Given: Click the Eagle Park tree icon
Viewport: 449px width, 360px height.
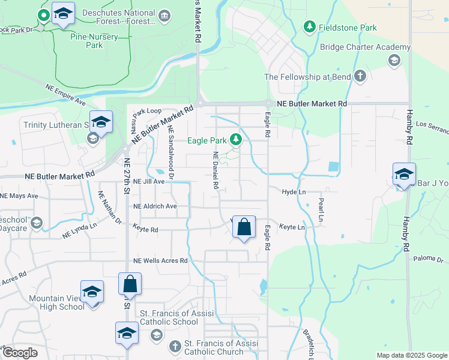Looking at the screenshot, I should [237, 140].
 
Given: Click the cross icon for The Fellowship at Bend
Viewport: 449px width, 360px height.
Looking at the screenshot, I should [360, 76].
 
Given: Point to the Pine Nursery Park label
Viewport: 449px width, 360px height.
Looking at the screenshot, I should [95, 40].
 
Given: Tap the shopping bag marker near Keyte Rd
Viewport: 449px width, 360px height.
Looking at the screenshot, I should [244, 228].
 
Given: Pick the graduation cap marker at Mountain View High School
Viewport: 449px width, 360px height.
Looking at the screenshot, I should [92, 292].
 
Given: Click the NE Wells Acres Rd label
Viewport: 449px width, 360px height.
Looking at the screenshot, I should [160, 260].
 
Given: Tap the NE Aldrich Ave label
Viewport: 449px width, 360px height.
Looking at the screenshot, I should [155, 206].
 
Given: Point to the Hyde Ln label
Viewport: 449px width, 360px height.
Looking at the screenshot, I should [294, 191].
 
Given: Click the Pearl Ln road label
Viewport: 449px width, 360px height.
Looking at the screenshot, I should [321, 211].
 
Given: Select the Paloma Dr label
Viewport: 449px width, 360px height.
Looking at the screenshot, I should [428, 260].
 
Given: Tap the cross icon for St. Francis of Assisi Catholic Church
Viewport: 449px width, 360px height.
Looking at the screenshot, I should [174, 346].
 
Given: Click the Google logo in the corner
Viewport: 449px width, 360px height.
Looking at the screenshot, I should [20, 353].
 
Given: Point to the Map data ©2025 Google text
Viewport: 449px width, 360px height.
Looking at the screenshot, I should [411, 355].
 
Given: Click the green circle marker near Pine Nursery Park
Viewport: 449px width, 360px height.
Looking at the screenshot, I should [43, 14].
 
